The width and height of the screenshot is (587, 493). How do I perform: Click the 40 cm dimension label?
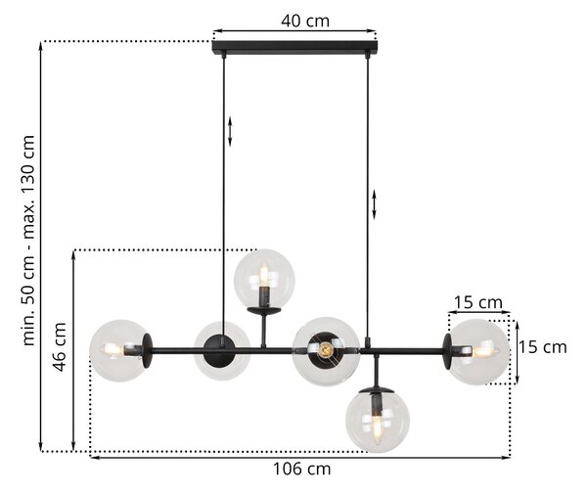click(x=305, y=21)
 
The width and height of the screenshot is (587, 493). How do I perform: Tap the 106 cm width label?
click(x=301, y=469)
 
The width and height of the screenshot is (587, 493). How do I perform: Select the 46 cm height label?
click(x=60, y=346)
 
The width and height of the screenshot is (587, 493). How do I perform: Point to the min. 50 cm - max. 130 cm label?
click(x=28, y=240)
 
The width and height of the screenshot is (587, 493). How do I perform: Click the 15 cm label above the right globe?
click(x=478, y=302)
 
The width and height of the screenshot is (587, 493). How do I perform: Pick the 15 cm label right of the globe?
click(x=542, y=347)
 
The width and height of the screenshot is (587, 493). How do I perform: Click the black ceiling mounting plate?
click(x=295, y=47)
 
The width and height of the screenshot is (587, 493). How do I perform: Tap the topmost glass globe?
click(x=264, y=279)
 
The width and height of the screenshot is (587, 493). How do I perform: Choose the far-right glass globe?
click(x=478, y=352)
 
